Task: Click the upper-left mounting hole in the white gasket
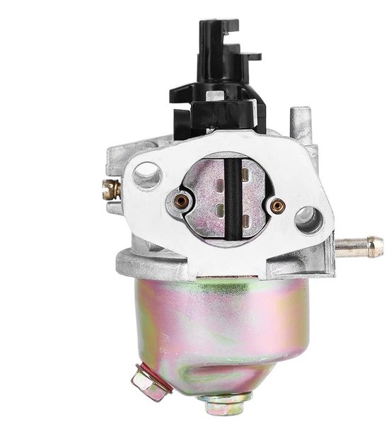click(x=147, y=174)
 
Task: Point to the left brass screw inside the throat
click(x=182, y=202)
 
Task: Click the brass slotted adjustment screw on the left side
click(x=110, y=189)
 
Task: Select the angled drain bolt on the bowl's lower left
click(x=150, y=382)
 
